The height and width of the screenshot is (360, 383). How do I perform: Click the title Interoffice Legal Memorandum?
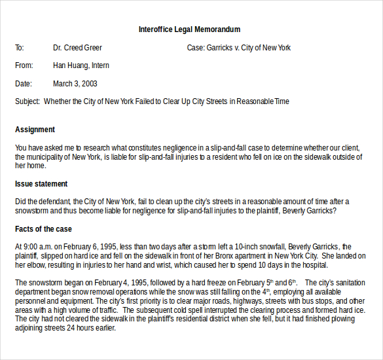pyautogui.click(x=189, y=29)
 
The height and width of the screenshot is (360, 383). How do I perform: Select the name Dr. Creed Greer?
pyautogui.click(x=77, y=48)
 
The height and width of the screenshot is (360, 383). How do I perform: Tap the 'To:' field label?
pyautogui.click(x=20, y=48)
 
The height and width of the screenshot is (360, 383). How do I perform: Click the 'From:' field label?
pyautogui.click(x=24, y=65)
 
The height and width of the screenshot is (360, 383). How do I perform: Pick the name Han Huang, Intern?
pyautogui.click(x=81, y=65)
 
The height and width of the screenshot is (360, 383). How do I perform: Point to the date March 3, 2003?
pyautogui.click(x=75, y=84)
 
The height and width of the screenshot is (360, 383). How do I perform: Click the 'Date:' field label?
pyautogui.click(x=23, y=84)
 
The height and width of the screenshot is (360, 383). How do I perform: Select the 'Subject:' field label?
pyautogui.click(x=28, y=101)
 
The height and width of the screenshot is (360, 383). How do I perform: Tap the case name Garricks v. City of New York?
pyautogui.click(x=249, y=48)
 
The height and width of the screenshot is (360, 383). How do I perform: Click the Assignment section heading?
pyautogui.click(x=35, y=130)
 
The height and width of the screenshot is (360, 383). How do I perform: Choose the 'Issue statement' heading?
pyautogui.click(x=41, y=184)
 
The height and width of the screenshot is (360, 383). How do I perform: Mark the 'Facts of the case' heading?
pyautogui.click(x=43, y=229)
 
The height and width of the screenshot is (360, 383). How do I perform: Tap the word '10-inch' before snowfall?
pyautogui.click(x=234, y=247)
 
